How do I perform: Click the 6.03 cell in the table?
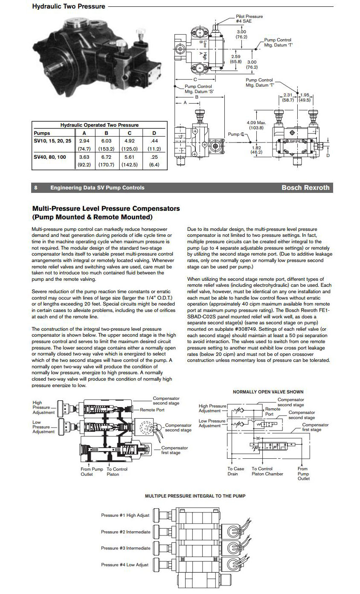(x=106, y=140)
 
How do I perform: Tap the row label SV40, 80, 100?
(x=50, y=157)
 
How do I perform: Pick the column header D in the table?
(x=154, y=133)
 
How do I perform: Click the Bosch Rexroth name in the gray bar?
(x=305, y=188)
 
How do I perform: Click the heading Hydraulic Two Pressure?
(x=68, y=6)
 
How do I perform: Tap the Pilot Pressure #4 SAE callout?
(x=249, y=19)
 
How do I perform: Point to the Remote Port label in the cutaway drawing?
(x=153, y=410)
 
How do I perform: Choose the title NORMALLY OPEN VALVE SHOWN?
(x=268, y=392)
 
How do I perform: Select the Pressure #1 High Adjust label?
(x=125, y=515)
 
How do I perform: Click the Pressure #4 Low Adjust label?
(x=125, y=565)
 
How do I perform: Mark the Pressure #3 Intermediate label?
(x=125, y=548)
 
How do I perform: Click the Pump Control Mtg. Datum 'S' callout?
(x=198, y=89)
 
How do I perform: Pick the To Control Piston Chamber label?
(x=267, y=471)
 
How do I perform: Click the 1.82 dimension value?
(x=256, y=147)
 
